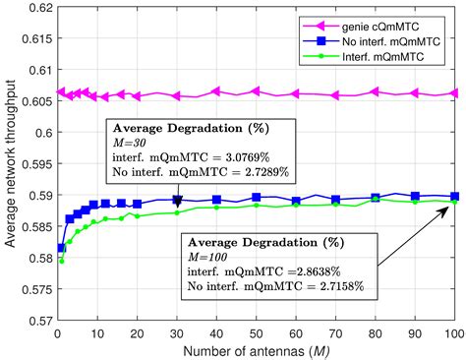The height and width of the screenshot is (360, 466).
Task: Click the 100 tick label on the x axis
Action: click(453, 334)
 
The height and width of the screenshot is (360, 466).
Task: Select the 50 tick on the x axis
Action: click(256, 334)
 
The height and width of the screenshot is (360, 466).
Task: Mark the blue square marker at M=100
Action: click(454, 196)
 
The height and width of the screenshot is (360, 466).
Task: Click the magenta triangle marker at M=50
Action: click(256, 91)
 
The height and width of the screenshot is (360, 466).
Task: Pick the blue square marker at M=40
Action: click(216, 200)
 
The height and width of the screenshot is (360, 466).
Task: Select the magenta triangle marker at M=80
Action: click(375, 91)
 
